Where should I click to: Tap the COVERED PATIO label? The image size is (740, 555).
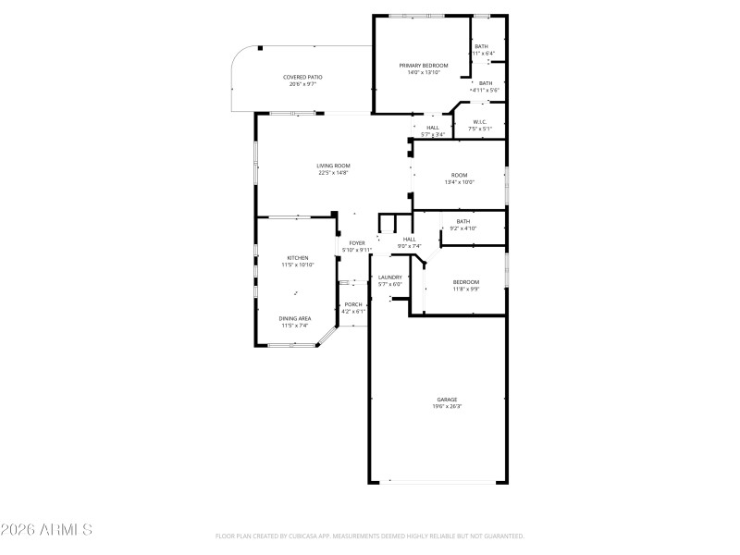302,77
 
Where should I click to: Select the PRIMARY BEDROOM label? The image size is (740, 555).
423,66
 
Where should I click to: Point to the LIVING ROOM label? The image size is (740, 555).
333,166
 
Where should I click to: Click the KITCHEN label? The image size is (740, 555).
297,258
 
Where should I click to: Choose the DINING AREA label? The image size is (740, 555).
295,318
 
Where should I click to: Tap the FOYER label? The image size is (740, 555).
356,243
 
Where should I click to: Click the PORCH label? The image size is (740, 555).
353,304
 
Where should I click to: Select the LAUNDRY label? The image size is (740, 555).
389,277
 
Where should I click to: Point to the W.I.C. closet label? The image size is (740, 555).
480,121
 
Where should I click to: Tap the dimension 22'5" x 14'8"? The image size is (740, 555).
333,173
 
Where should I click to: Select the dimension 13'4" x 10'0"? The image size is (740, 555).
459,182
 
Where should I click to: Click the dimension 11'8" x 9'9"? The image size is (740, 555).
465,290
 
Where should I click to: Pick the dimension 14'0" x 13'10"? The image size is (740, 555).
423,72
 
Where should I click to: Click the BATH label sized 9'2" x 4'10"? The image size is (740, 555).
462,221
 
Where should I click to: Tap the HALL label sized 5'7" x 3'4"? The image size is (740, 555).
433,128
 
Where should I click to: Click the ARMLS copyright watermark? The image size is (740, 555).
46,530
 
